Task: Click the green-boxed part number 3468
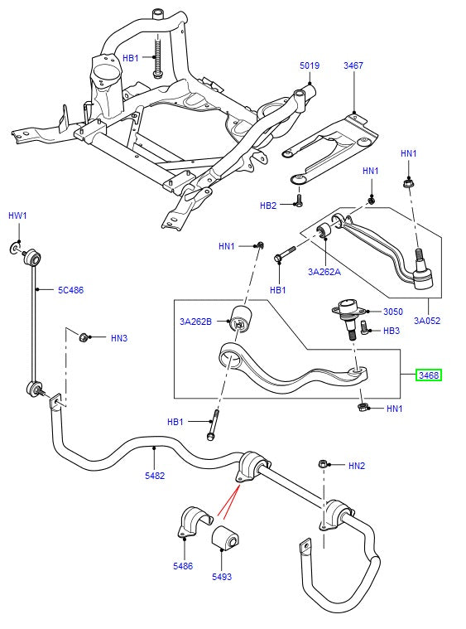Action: pos(429,375)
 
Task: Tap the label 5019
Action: pos(309,65)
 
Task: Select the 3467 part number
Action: pos(353,65)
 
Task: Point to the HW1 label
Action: pos(18,215)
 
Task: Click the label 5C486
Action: pos(70,290)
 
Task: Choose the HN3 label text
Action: pos(118,338)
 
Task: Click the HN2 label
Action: pos(357,466)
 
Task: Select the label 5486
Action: pos(183,566)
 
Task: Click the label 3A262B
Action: pos(196,321)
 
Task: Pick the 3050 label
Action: pos(392,312)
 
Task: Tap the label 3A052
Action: pos(427,320)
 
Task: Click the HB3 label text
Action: pos(392,331)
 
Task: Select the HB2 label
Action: pos(268,206)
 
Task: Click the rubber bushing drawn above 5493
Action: pos(225,538)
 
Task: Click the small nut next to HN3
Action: pos(84,336)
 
